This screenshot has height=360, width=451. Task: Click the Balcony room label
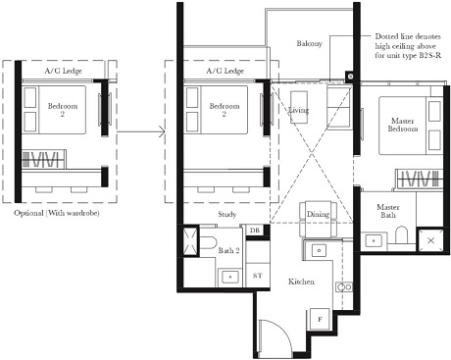coord(313,45)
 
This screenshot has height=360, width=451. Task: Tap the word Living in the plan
coord(300,112)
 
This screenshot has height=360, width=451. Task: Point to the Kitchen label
coord(301,282)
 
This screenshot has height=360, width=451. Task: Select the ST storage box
coord(257,278)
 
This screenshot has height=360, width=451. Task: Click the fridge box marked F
coord(320,320)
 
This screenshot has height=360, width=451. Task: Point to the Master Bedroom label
coord(397,126)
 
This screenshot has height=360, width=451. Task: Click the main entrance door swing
coord(275,339)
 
